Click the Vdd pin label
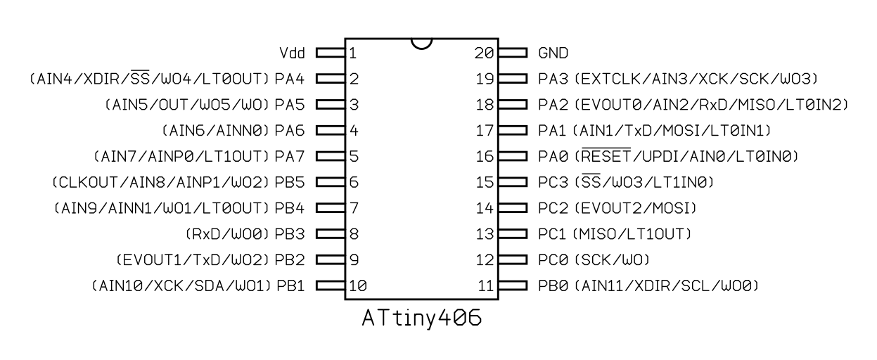point(292,53)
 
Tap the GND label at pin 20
point(553,53)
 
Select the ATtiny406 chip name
point(422,318)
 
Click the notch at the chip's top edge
point(422,44)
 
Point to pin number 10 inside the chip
point(358,286)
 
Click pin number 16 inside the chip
point(485,157)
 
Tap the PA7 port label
point(290,157)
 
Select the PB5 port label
point(290,182)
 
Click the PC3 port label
point(553,182)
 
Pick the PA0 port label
point(553,157)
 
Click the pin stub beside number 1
point(331,53)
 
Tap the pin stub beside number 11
point(513,285)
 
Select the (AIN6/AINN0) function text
point(216,130)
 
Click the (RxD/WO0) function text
point(227,234)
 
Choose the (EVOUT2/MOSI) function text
point(636,208)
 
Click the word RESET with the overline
point(606,155)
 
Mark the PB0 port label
point(553,286)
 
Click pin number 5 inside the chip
point(354,157)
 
